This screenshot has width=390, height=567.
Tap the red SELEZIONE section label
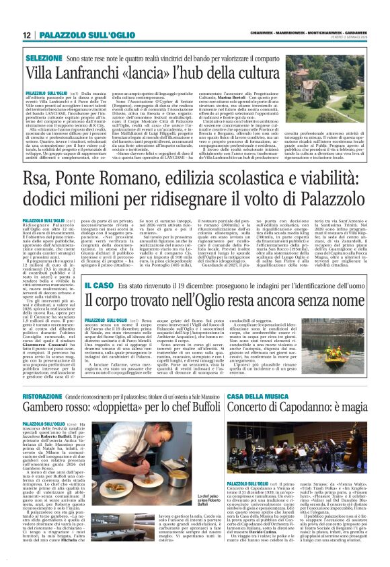(x=44, y=59)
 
